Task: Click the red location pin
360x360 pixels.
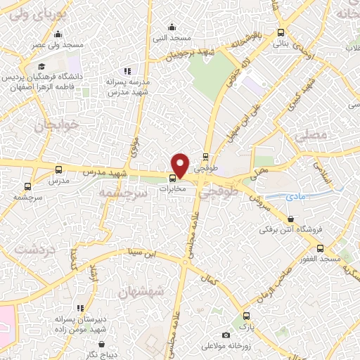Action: coord(181,165)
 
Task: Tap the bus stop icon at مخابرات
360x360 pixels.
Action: coord(173,177)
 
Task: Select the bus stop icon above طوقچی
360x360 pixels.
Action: coord(206,157)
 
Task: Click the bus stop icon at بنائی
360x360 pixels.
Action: coord(281,32)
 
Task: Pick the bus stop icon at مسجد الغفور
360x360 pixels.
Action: coord(321,247)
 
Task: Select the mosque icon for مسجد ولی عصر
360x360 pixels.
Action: coord(58,34)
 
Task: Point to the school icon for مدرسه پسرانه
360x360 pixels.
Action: coord(127,70)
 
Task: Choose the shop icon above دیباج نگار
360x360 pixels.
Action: coord(103,344)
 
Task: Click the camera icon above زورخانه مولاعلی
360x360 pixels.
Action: coord(225,335)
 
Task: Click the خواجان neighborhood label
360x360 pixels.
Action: coord(49,125)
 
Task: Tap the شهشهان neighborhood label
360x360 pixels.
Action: coord(140,290)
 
